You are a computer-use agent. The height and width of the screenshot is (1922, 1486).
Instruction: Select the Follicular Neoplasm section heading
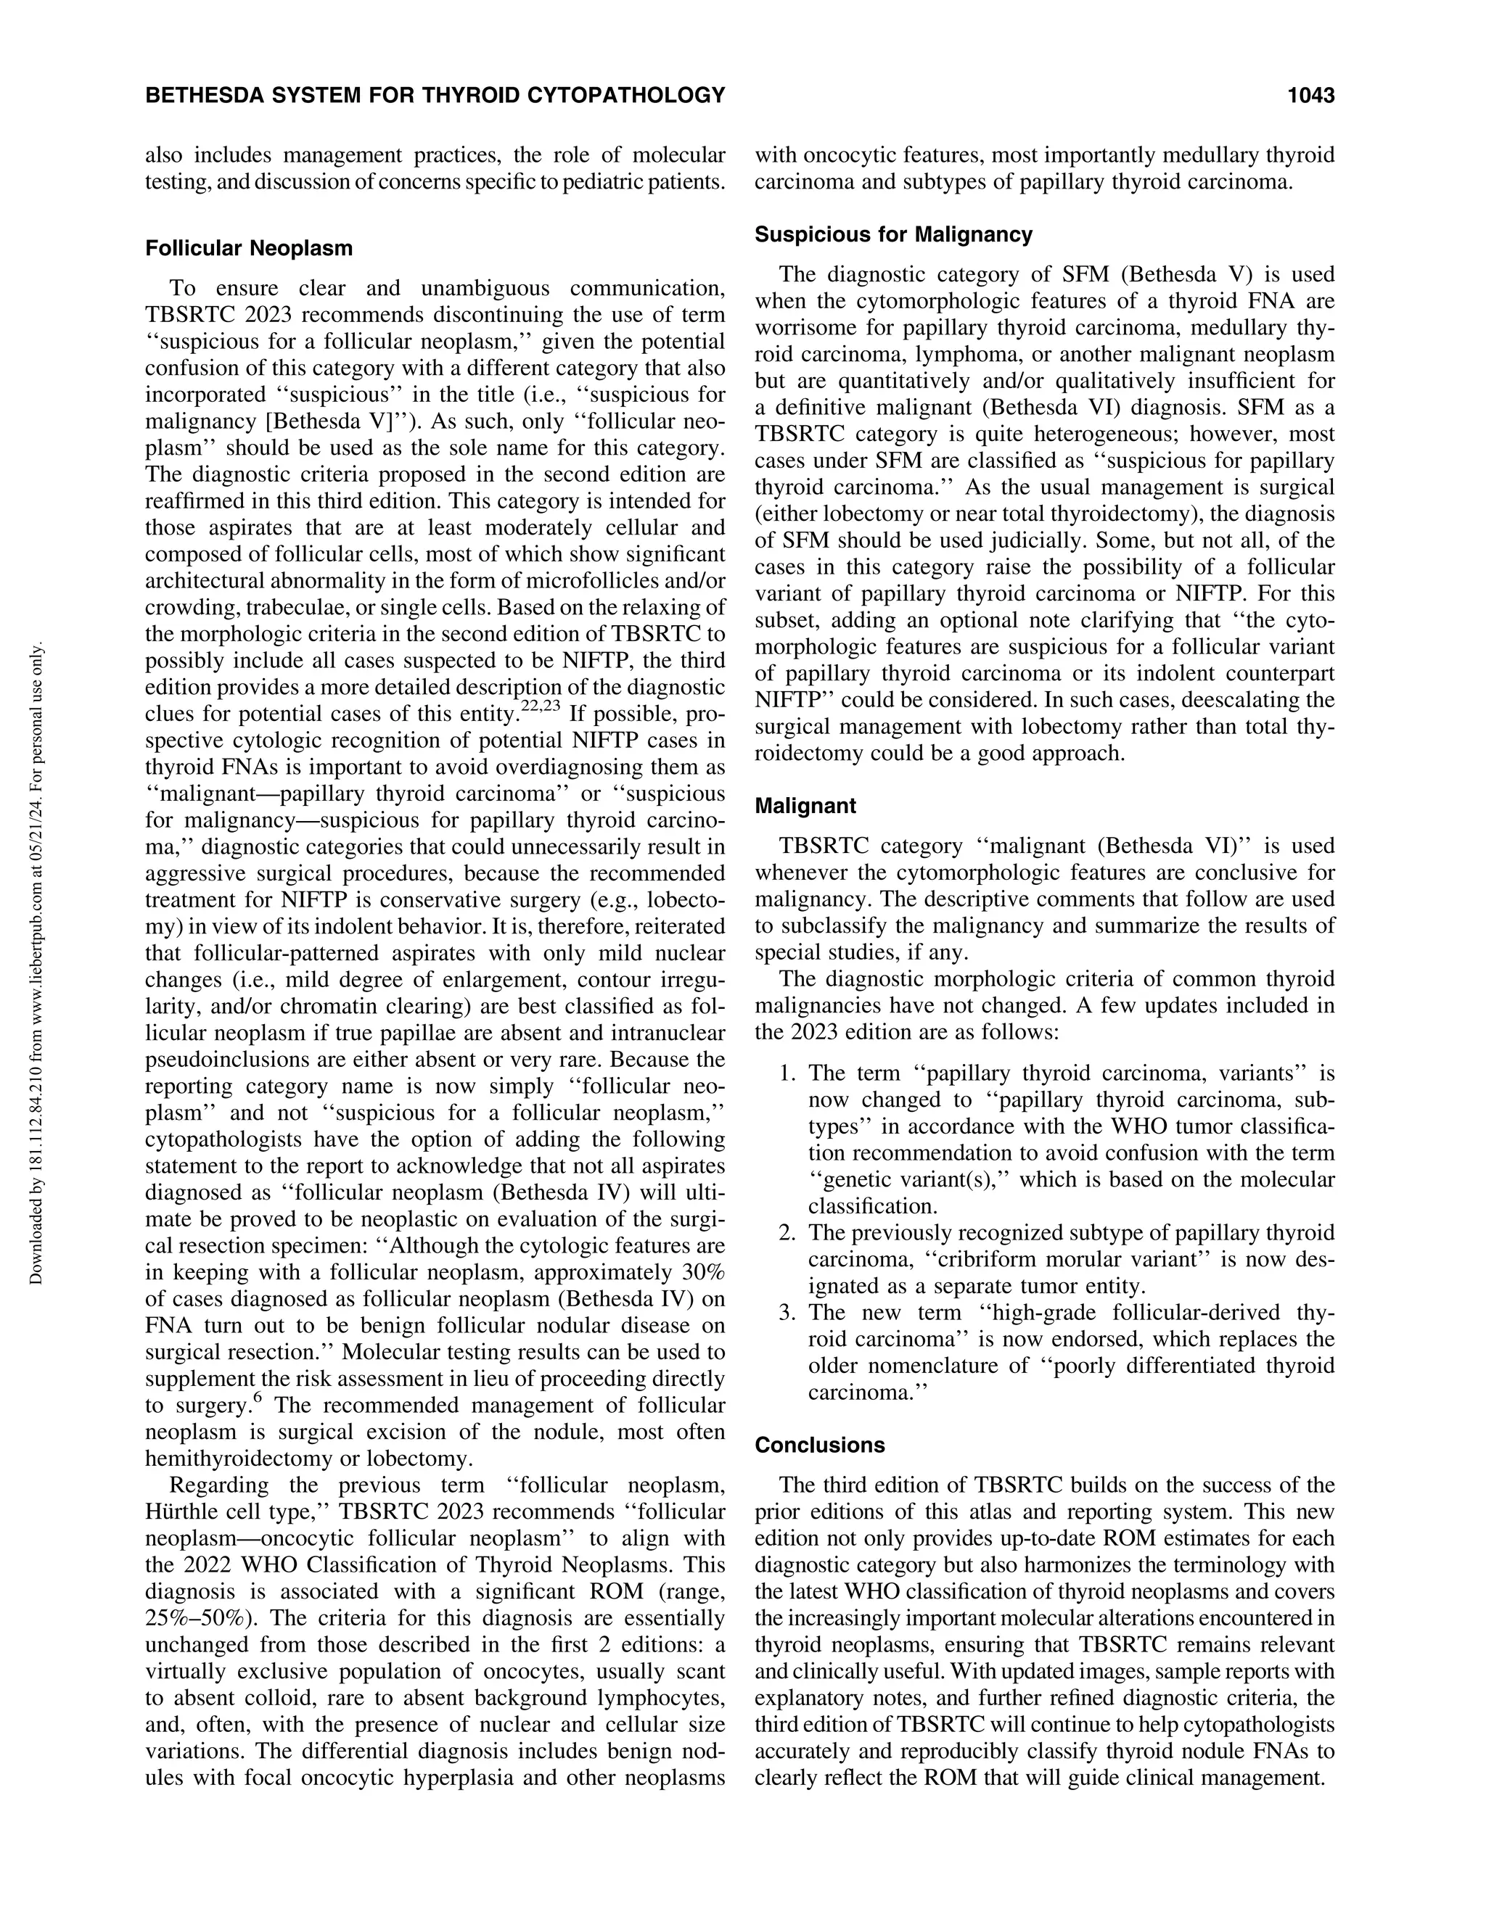click(x=248, y=248)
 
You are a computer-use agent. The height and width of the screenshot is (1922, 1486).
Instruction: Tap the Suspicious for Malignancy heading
click(x=892, y=235)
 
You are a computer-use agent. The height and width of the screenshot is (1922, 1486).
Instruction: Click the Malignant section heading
click(x=805, y=806)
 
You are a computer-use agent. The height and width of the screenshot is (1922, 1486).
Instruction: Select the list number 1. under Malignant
click(x=788, y=1073)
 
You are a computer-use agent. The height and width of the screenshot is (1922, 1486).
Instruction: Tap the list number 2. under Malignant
click(x=788, y=1233)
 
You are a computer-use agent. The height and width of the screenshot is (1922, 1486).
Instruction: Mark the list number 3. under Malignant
click(x=788, y=1313)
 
